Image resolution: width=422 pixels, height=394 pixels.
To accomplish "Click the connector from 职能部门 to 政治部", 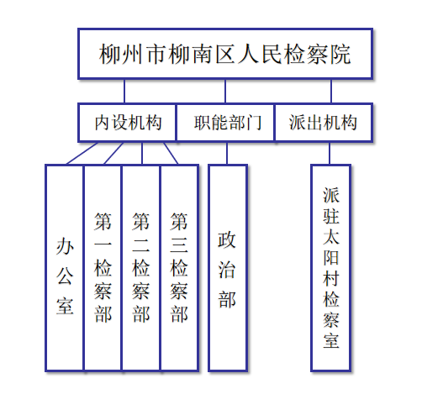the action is [227, 153].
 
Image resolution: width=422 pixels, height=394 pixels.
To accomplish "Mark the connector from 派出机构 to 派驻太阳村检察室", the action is [330, 153].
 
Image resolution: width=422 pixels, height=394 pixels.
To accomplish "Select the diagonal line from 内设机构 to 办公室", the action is [82, 153].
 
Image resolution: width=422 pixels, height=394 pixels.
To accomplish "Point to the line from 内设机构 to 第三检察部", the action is [171, 153].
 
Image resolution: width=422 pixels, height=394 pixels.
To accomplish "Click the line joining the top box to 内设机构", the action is [124, 91].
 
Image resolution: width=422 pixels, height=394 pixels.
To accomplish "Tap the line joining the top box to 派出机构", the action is [331, 91].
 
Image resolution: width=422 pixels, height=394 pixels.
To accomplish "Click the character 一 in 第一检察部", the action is [103, 244].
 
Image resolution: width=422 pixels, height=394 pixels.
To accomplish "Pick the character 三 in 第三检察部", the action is [179, 244].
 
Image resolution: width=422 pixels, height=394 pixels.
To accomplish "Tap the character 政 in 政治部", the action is [227, 240].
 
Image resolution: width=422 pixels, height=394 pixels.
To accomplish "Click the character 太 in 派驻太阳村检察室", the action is [331, 237].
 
